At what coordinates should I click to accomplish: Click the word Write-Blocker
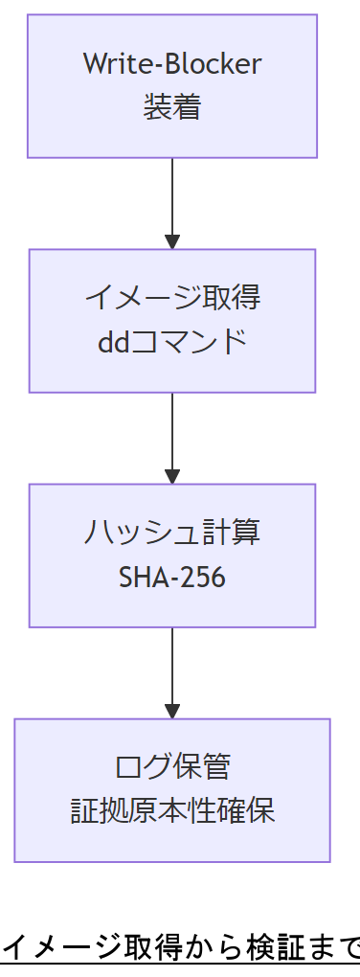(172, 64)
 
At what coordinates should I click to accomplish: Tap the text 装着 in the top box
(172, 106)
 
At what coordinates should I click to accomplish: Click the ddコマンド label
(172, 342)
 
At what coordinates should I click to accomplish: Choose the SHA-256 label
(172, 577)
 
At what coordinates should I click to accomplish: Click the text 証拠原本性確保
(172, 811)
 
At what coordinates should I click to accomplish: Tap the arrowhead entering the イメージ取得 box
(172, 240)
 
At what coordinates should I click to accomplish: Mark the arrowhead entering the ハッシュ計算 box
(172, 475)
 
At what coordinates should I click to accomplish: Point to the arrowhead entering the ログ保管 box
(172, 710)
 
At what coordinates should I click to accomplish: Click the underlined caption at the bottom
(182, 948)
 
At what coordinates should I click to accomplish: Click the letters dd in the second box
(111, 342)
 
